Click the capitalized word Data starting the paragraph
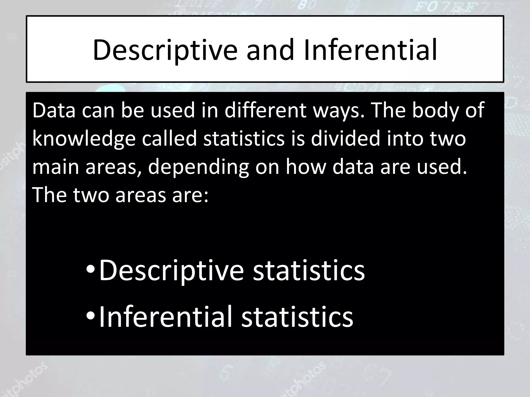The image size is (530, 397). coord(54,111)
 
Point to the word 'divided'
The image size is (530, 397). coord(346,139)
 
